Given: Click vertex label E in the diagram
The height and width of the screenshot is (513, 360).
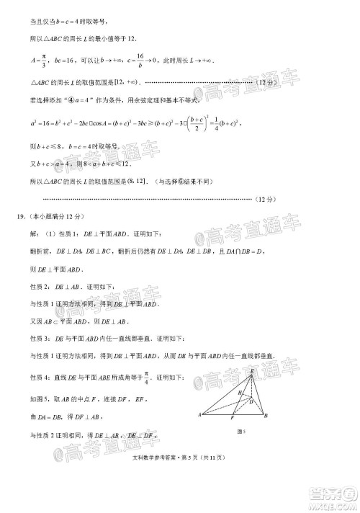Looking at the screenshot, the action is [x=252, y=371].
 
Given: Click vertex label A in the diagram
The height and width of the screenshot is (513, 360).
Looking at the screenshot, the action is [x=199, y=416].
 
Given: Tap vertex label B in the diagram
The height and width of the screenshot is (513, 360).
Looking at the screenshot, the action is [x=266, y=416].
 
